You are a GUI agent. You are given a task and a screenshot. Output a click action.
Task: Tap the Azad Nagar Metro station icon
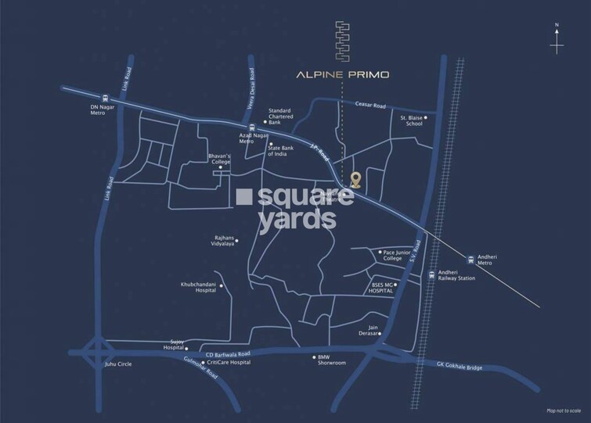250,128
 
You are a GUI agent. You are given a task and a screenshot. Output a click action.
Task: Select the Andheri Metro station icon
470,259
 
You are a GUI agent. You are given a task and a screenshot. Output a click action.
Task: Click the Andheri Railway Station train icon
432,274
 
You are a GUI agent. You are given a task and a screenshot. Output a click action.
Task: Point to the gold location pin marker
355,181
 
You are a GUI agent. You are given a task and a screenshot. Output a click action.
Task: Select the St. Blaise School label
412,120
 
